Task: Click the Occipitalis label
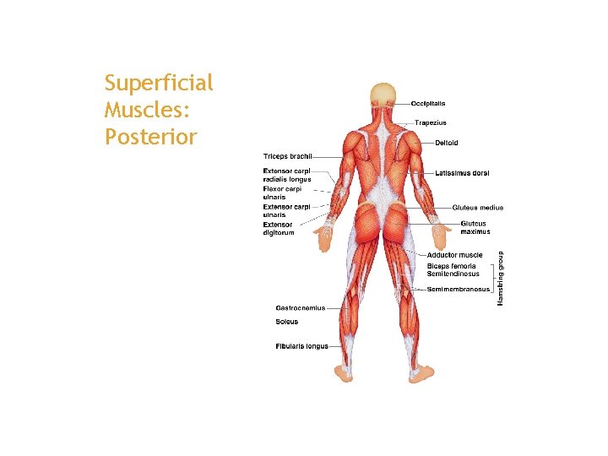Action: tap(428, 104)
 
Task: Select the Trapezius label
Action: tap(430, 122)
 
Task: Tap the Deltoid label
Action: tap(447, 143)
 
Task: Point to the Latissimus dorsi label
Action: tap(462, 173)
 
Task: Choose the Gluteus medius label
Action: tap(477, 207)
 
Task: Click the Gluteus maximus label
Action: tap(475, 228)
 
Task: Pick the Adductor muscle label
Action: tap(454, 255)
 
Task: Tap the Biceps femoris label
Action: tap(451, 266)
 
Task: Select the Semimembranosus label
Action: tap(458, 290)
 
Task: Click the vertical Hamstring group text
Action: tap(500, 278)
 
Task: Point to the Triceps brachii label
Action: tap(287, 156)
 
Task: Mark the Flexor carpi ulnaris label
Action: tap(280, 193)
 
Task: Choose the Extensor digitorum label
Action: tap(279, 229)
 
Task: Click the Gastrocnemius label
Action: tap(300, 308)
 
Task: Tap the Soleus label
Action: tap(286, 322)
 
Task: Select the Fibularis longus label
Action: tap(301, 346)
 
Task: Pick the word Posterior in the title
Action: tap(151, 136)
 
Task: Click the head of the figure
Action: tap(384, 95)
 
